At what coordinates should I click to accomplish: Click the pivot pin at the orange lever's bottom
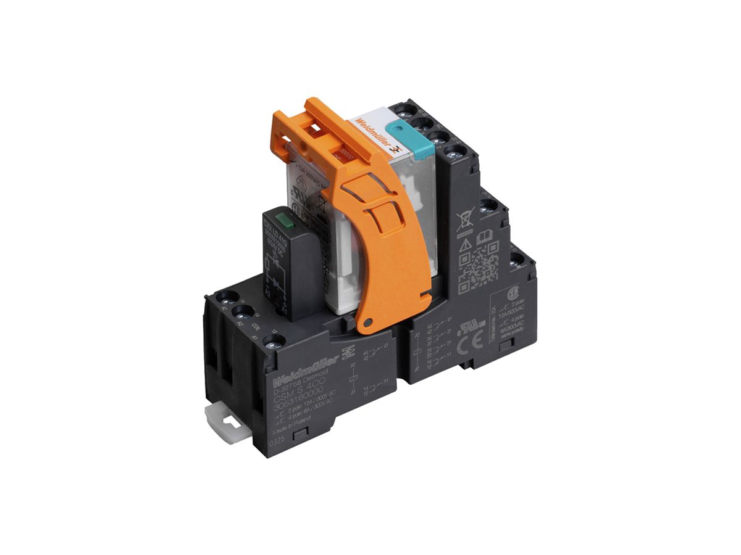pyautogui.click(x=368, y=322)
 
